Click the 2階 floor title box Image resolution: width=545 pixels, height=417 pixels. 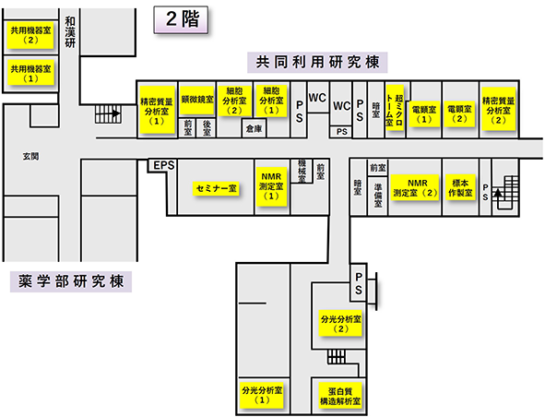pyautogui.click(x=181, y=19)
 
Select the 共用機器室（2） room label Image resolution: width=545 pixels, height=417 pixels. pyautogui.click(x=30, y=35)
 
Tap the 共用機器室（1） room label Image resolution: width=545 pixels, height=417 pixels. pyautogui.click(x=30, y=74)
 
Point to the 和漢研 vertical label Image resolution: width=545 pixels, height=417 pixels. pyautogui.click(x=70, y=32)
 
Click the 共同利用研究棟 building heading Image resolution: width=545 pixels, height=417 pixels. pyautogui.click(x=317, y=63)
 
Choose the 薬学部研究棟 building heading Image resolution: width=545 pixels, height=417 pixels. pyautogui.click(x=71, y=281)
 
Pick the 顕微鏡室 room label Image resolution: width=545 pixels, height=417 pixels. pyautogui.click(x=197, y=101)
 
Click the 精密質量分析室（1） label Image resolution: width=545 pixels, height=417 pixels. pyautogui.click(x=157, y=111)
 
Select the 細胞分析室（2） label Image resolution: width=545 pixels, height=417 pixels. pyautogui.click(x=234, y=101)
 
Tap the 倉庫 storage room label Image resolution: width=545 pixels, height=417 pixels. pyautogui.click(x=254, y=129)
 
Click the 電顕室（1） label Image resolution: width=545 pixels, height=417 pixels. pyautogui.click(x=423, y=114)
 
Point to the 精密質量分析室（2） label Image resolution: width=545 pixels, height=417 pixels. pyautogui.click(x=498, y=109)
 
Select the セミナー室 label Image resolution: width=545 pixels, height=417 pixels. pyautogui.click(x=216, y=189)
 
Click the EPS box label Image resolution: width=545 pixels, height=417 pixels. pyautogui.click(x=164, y=165)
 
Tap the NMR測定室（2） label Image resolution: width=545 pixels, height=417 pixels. pyautogui.click(x=416, y=188)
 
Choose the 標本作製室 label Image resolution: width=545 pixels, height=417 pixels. pyautogui.click(x=460, y=188)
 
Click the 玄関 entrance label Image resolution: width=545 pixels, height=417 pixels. pyautogui.click(x=31, y=157)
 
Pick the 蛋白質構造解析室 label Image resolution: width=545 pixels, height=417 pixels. pyautogui.click(x=340, y=396)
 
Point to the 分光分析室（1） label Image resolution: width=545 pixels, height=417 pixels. pyautogui.click(x=262, y=395)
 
